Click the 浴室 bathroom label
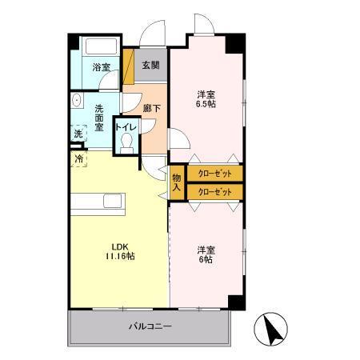[102, 67]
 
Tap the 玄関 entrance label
[150, 65]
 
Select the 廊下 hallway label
[152, 108]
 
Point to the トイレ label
[126, 127]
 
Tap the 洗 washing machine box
[78, 133]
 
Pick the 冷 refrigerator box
[78, 159]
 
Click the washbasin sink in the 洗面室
[77, 100]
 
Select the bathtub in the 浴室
[101, 46]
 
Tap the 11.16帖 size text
[120, 256]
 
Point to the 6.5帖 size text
[206, 104]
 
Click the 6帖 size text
[206, 259]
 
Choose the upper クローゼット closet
[215, 174]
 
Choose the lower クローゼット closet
[215, 192]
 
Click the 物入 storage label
[177, 182]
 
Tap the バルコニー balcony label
[150, 326]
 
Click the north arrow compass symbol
[271, 329]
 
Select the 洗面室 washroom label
[99, 118]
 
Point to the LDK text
[120, 246]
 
